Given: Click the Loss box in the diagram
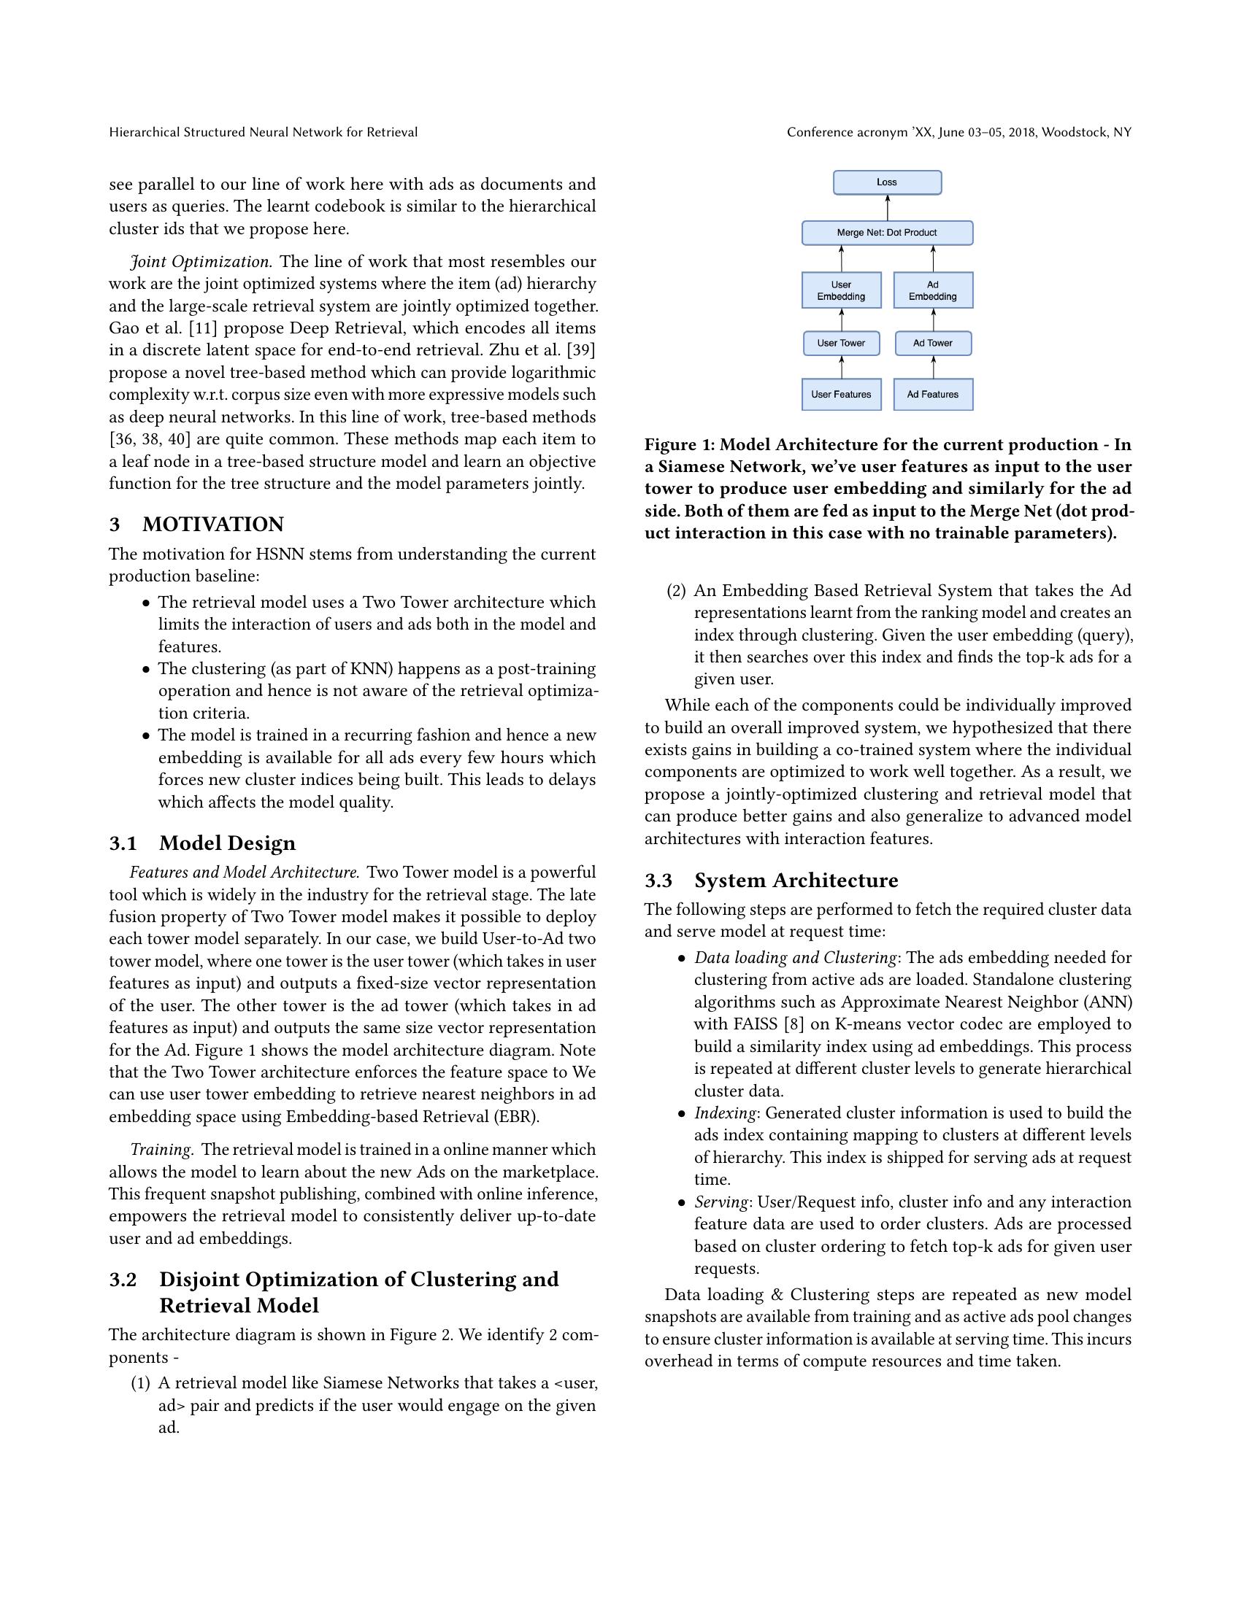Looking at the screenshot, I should click(x=887, y=182).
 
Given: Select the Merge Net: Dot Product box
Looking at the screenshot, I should click(x=887, y=233).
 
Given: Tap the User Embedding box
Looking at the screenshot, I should click(x=841, y=290).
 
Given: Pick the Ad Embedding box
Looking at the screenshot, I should click(x=932, y=290).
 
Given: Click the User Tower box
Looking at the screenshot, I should click(x=841, y=343).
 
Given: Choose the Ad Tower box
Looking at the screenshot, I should click(x=932, y=343).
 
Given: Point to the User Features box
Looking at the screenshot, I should click(x=841, y=395).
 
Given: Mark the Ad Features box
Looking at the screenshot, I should click(x=932, y=395).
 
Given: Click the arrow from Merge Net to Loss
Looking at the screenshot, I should click(x=888, y=208).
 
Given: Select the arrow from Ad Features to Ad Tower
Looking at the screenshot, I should click(x=933, y=368).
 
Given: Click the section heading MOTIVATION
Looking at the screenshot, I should click(x=212, y=525).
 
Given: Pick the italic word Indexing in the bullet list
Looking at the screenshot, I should click(x=725, y=1113).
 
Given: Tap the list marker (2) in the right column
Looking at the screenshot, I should click(x=676, y=591).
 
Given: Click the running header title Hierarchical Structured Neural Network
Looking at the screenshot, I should click(x=264, y=132).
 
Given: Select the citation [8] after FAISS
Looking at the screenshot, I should click(x=794, y=1024).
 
